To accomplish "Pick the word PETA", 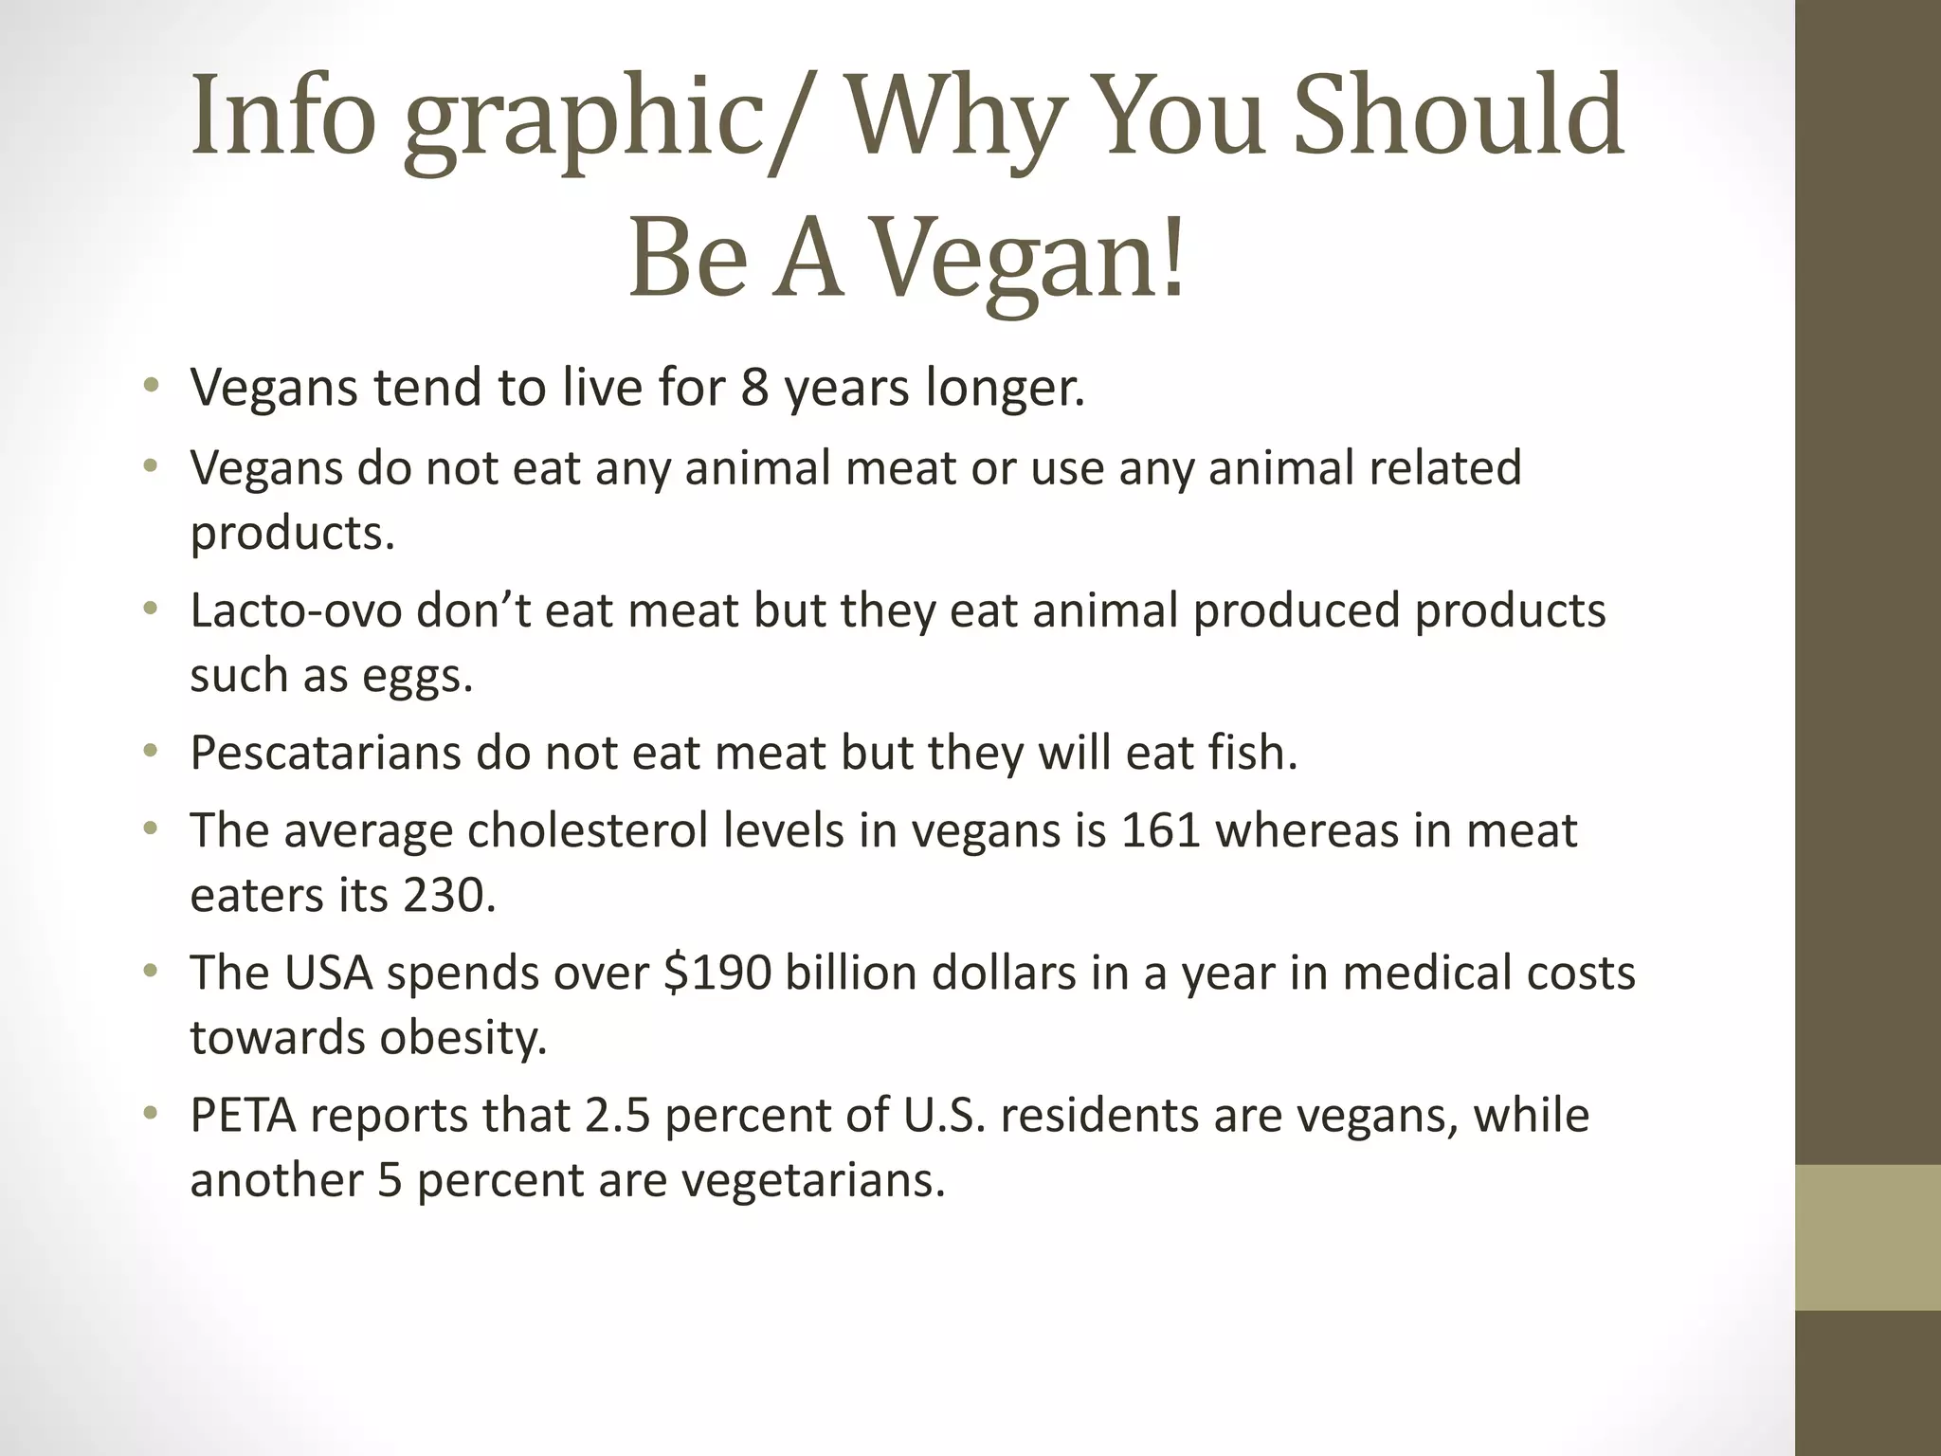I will click(243, 1116).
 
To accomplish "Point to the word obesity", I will click(463, 1037).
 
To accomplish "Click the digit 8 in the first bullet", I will click(754, 389).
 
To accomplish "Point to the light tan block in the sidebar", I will click(1867, 1237).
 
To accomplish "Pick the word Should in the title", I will click(1459, 118).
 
